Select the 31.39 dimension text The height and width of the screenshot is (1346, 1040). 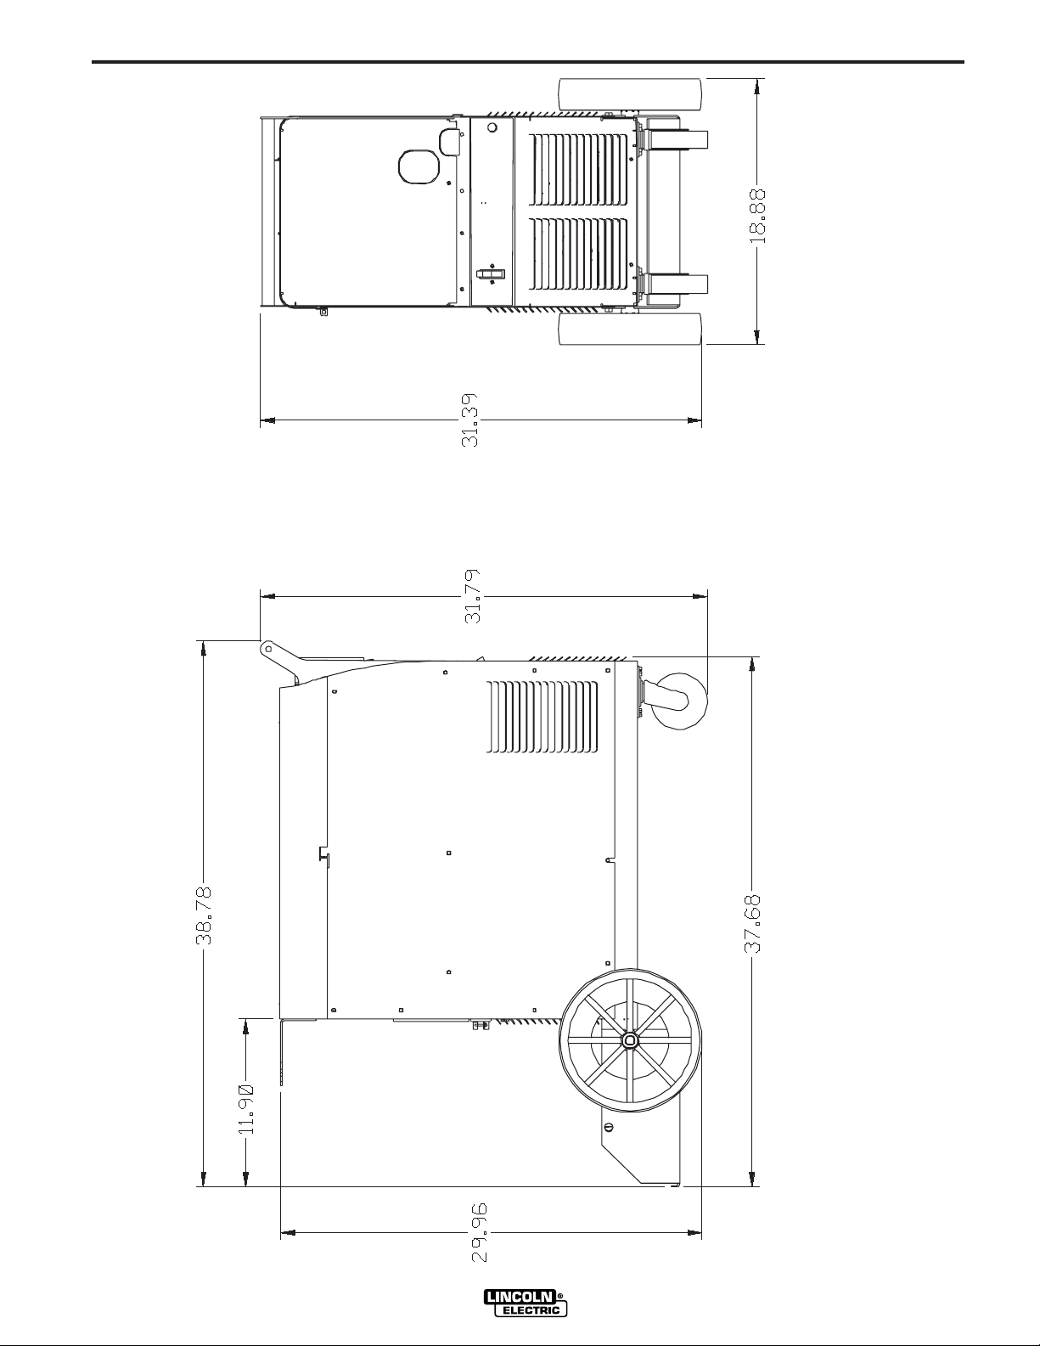(x=469, y=420)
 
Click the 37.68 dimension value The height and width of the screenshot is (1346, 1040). (x=752, y=924)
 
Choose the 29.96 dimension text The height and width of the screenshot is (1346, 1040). (x=481, y=1249)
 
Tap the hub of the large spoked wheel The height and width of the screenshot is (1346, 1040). (x=630, y=1040)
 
